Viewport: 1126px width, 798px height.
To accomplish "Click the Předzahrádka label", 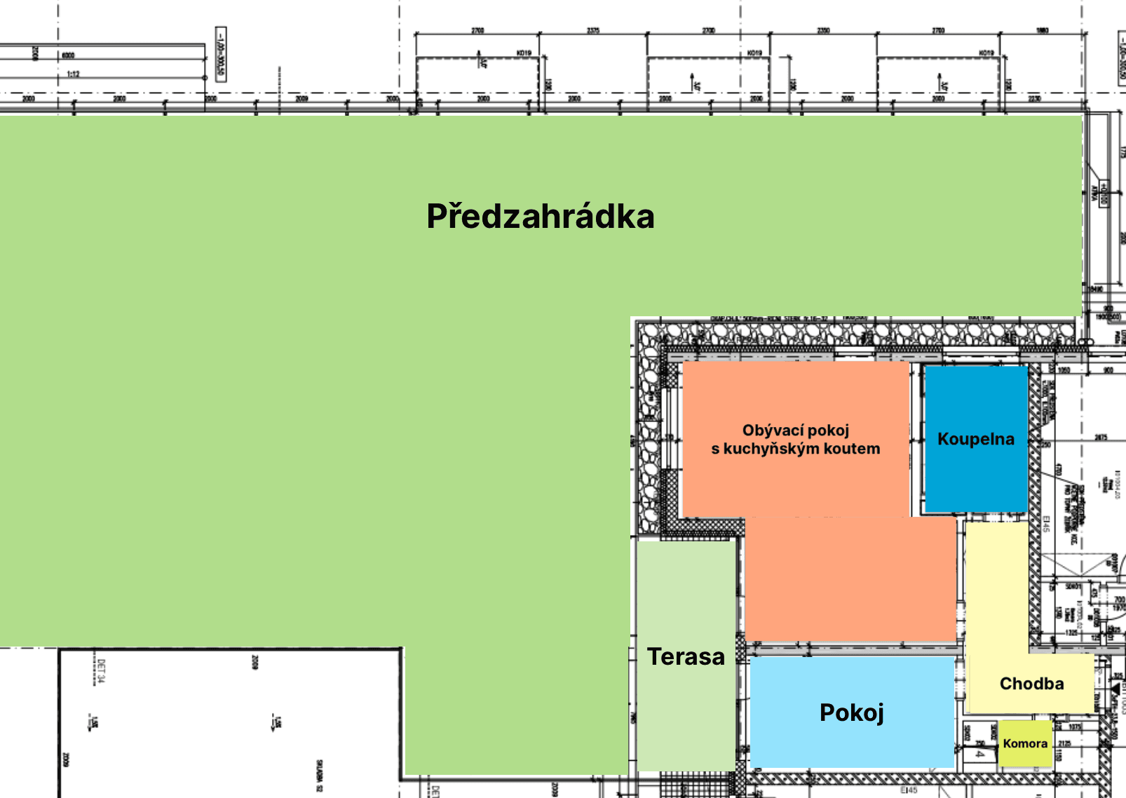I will coord(540,216).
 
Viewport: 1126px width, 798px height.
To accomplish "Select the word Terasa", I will coord(686,657).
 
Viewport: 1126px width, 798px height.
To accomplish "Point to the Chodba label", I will coord(1031,684).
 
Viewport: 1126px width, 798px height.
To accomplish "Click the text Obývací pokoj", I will coord(796,430).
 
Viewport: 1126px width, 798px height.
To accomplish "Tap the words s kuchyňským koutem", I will coord(796,449).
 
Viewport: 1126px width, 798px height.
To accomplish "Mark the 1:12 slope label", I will coord(73,74).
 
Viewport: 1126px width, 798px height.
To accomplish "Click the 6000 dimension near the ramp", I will coord(68,55).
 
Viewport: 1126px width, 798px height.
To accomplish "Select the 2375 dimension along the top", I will coord(593,30).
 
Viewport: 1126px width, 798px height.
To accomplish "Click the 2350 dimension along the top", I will coord(823,30).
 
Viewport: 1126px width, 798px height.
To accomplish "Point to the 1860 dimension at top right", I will coord(1043,30).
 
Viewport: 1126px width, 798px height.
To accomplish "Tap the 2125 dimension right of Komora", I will coord(1064,743).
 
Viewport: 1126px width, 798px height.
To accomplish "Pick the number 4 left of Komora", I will coord(979,755).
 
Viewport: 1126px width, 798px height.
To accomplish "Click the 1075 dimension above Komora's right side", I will coord(1075,727).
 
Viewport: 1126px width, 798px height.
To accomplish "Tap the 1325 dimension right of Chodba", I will coord(1071,633).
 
